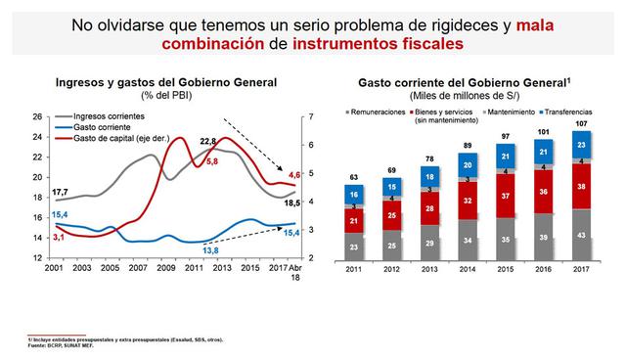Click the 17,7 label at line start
click(x=33, y=192)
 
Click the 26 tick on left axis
click(x=35, y=117)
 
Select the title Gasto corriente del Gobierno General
click(x=466, y=85)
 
